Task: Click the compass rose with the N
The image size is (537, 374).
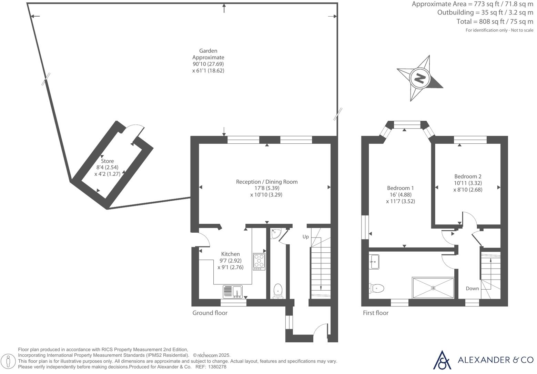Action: pyautogui.click(x=419, y=78)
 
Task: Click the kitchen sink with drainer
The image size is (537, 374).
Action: pyautogui.click(x=233, y=291)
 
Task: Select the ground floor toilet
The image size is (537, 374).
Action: pyautogui.click(x=278, y=290)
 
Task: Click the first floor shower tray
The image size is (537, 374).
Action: pyautogui.click(x=433, y=287)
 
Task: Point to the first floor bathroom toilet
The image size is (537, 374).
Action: pyautogui.click(x=377, y=287)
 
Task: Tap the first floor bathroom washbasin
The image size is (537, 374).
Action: pyautogui.click(x=374, y=262)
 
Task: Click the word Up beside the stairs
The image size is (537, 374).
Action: pyautogui.click(x=305, y=236)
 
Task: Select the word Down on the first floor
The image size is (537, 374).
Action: pyautogui.click(x=472, y=289)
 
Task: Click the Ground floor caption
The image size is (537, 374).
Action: pyautogui.click(x=210, y=313)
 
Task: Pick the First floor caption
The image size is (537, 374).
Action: pyautogui.click(x=375, y=313)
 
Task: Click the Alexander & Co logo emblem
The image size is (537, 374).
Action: pyautogui.click(x=442, y=360)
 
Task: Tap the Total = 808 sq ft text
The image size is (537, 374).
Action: pyautogui.click(x=495, y=21)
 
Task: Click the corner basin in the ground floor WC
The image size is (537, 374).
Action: pyautogui.click(x=275, y=233)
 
